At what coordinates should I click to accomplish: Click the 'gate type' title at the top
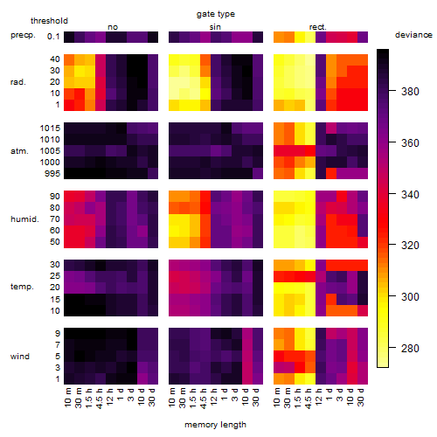216,14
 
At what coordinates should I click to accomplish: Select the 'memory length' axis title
216,425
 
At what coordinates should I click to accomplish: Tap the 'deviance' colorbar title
413,35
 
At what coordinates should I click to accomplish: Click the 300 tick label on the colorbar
410,297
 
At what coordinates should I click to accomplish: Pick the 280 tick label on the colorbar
410,349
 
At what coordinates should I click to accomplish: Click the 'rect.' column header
318,27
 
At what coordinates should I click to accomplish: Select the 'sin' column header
215,27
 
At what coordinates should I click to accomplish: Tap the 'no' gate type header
113,27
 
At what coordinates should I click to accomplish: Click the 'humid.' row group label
24,219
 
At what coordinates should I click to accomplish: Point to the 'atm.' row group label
19,151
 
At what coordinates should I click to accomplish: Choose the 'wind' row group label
20,357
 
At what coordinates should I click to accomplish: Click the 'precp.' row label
23,36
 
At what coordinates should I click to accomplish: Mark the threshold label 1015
50,128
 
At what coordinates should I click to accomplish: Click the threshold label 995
52,174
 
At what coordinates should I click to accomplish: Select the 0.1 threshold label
53,37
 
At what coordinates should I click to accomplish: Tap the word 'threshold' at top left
49,21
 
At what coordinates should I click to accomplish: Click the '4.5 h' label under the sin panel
204,398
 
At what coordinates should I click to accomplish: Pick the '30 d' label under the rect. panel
361,397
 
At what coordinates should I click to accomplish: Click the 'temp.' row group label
22,287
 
